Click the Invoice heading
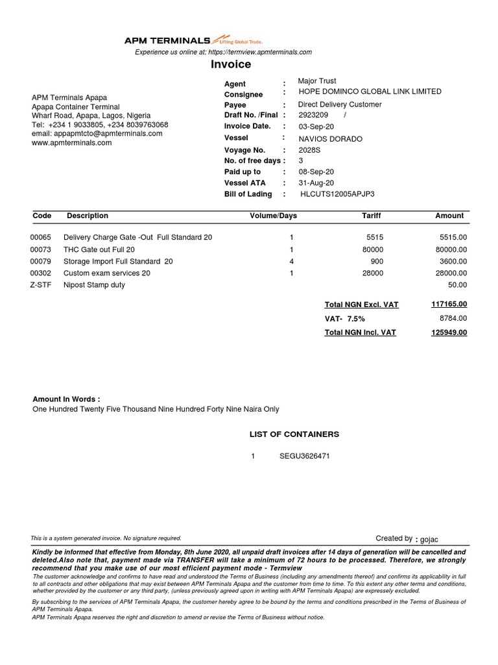click(x=231, y=64)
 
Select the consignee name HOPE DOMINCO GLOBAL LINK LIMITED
click(x=370, y=92)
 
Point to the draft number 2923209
click(x=313, y=115)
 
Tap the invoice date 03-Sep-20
click(x=316, y=126)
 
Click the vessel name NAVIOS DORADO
click(x=330, y=139)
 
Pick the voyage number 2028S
click(x=309, y=150)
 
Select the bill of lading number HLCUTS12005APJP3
click(x=337, y=194)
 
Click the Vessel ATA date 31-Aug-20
click(x=316, y=183)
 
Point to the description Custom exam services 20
click(x=107, y=273)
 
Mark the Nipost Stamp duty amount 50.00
click(x=458, y=285)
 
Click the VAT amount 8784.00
click(x=454, y=318)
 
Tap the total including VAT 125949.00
click(x=449, y=332)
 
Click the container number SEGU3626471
click(x=305, y=456)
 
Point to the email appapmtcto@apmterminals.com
click(x=97, y=134)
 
